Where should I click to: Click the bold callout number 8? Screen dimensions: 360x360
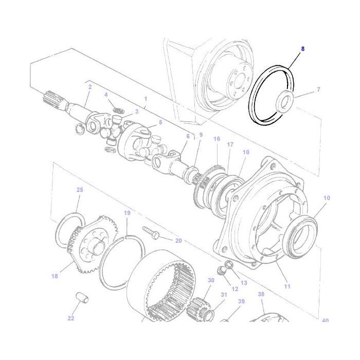click(x=303, y=49)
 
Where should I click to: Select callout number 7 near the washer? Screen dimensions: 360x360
click(x=318, y=89)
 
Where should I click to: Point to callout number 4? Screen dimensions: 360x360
click(x=106, y=95)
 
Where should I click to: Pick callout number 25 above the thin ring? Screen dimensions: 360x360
click(x=80, y=190)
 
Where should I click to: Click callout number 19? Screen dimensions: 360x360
click(x=127, y=213)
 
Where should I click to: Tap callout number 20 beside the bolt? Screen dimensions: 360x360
click(x=178, y=240)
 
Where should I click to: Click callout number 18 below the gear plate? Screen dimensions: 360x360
click(x=55, y=276)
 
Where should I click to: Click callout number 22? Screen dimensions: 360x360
click(x=71, y=318)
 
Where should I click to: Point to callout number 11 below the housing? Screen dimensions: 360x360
click(x=287, y=286)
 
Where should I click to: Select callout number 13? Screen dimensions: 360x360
click(x=244, y=282)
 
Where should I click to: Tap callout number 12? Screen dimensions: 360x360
click(x=235, y=289)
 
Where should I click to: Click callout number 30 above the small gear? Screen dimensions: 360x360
click(x=211, y=280)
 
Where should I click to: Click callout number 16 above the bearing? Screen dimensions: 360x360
click(x=217, y=139)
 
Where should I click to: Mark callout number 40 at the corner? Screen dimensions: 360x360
click(x=325, y=321)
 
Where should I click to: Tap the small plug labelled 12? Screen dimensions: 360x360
click(x=222, y=271)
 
